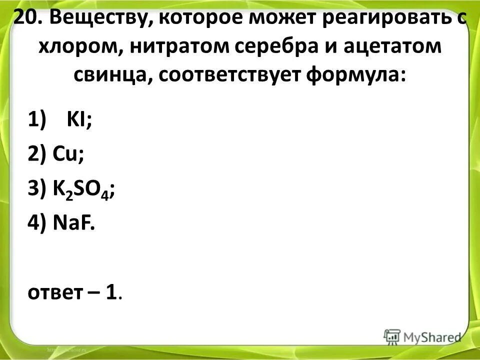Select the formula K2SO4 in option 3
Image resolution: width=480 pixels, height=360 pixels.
[x=81, y=190]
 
